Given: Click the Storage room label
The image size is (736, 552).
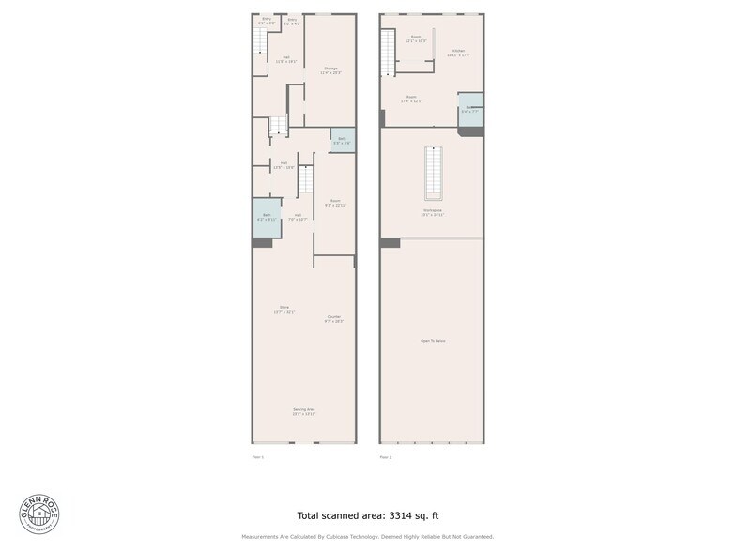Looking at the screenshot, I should tap(330, 69).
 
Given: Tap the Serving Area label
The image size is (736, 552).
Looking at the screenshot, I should tap(303, 411).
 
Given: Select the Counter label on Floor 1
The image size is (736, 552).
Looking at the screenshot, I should tap(334, 318).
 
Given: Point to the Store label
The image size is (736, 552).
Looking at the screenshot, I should tap(284, 309).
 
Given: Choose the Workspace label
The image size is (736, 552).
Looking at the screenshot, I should tap(433, 212).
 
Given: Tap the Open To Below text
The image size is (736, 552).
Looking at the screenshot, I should tap(433, 340).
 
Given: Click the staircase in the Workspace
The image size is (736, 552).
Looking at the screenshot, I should tap(433, 173).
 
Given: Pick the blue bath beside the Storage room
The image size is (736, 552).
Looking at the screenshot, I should tap(343, 140).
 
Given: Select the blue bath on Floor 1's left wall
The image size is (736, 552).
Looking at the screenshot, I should tap(267, 218).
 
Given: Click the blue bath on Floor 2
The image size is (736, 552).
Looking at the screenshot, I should tap(470, 109).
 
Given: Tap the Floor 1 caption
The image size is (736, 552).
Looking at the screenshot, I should tap(258, 457).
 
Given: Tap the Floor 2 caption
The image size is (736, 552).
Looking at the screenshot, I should tap(385, 457).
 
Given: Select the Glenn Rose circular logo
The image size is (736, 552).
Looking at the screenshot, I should tap(38, 514).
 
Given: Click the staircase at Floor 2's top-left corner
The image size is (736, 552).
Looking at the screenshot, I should tap(387, 53).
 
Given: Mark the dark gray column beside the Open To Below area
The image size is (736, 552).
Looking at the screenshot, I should tap(391, 242).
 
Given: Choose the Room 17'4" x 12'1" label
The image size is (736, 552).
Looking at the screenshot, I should tap(412, 99).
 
